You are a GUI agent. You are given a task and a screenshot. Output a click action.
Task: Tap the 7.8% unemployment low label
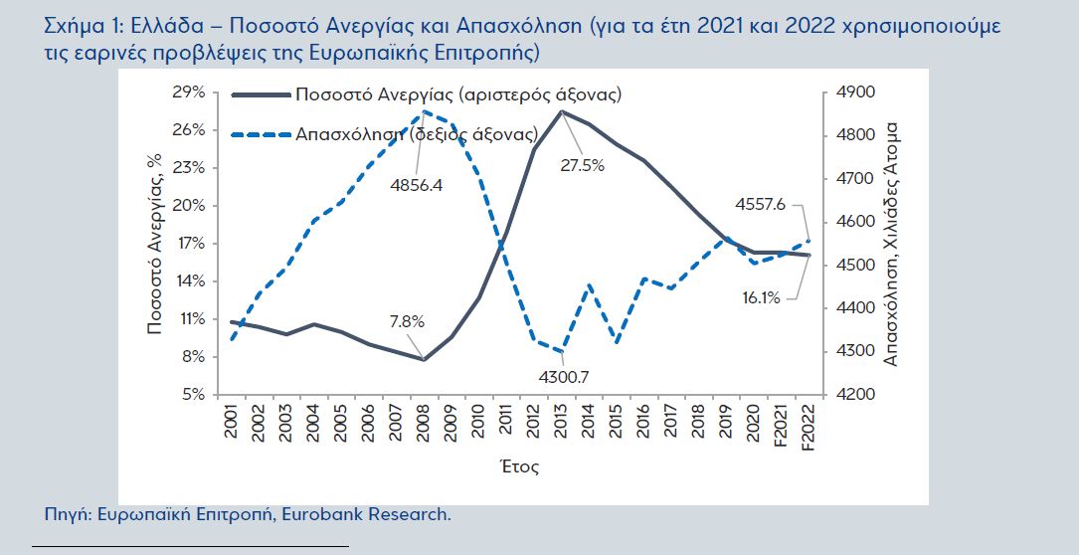pyautogui.click(x=406, y=321)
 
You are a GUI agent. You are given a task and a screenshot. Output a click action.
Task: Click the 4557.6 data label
pyautogui.click(x=761, y=204)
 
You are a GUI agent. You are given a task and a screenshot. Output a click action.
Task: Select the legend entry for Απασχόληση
pyautogui.click(x=417, y=133)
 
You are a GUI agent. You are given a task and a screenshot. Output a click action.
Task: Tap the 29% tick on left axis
pyautogui.click(x=189, y=92)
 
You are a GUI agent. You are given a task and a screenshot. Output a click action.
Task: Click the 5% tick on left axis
pyautogui.click(x=193, y=395)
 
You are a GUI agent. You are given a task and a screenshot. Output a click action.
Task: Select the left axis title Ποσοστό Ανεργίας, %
pyautogui.click(x=155, y=245)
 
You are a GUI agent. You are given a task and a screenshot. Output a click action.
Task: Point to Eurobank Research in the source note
pyautogui.click(x=389, y=514)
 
